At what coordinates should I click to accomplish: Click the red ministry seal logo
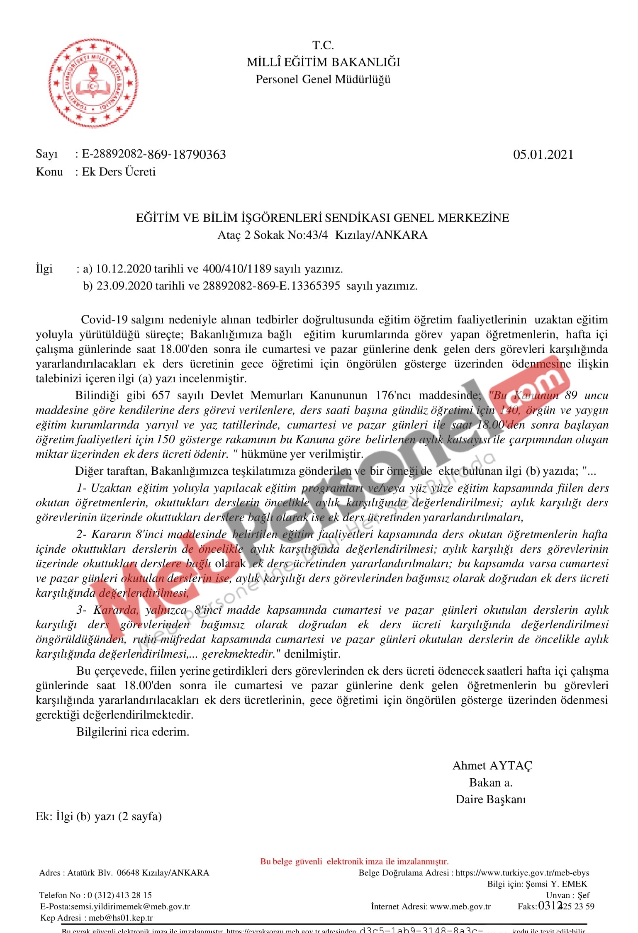point(93,83)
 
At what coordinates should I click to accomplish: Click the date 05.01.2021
point(543,155)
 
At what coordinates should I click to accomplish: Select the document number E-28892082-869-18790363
point(154,155)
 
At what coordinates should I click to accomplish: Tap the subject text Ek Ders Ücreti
point(119,172)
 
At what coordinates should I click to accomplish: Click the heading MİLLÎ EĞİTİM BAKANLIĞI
point(324,62)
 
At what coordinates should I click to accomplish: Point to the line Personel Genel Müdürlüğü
point(323,79)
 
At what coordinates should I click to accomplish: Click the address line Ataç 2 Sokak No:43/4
point(273,235)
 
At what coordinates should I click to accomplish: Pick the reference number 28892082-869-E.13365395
point(271,286)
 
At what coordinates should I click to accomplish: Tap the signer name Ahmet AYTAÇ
point(492,765)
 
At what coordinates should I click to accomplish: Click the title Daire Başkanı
point(491,799)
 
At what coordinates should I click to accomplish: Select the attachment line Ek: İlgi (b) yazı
point(99,816)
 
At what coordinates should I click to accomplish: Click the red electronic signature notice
point(354,861)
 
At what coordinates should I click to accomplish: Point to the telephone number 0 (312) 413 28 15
point(119,895)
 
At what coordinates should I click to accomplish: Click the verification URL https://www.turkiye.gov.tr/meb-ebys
point(522,872)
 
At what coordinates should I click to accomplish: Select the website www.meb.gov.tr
point(460,906)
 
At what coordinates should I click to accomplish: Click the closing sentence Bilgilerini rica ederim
point(133,732)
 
